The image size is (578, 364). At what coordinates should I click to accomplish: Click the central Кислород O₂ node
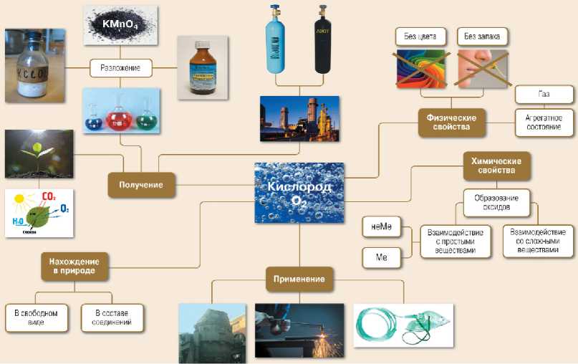[299, 191]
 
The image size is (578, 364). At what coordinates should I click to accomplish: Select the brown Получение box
[142, 185]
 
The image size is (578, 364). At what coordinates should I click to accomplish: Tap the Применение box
[299, 279]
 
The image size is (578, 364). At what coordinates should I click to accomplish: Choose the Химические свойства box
[496, 166]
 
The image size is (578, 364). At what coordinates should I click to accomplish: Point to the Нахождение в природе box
[74, 265]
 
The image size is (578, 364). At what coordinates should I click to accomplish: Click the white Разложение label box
[121, 69]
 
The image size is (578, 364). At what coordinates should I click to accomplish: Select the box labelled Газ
[544, 94]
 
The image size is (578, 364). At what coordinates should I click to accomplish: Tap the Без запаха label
[481, 35]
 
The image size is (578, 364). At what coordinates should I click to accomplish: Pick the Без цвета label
[421, 35]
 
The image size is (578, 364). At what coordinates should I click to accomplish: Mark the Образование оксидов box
[496, 203]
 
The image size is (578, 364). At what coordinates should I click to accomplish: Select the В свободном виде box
[37, 317]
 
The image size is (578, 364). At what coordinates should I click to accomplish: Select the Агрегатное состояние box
[544, 122]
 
